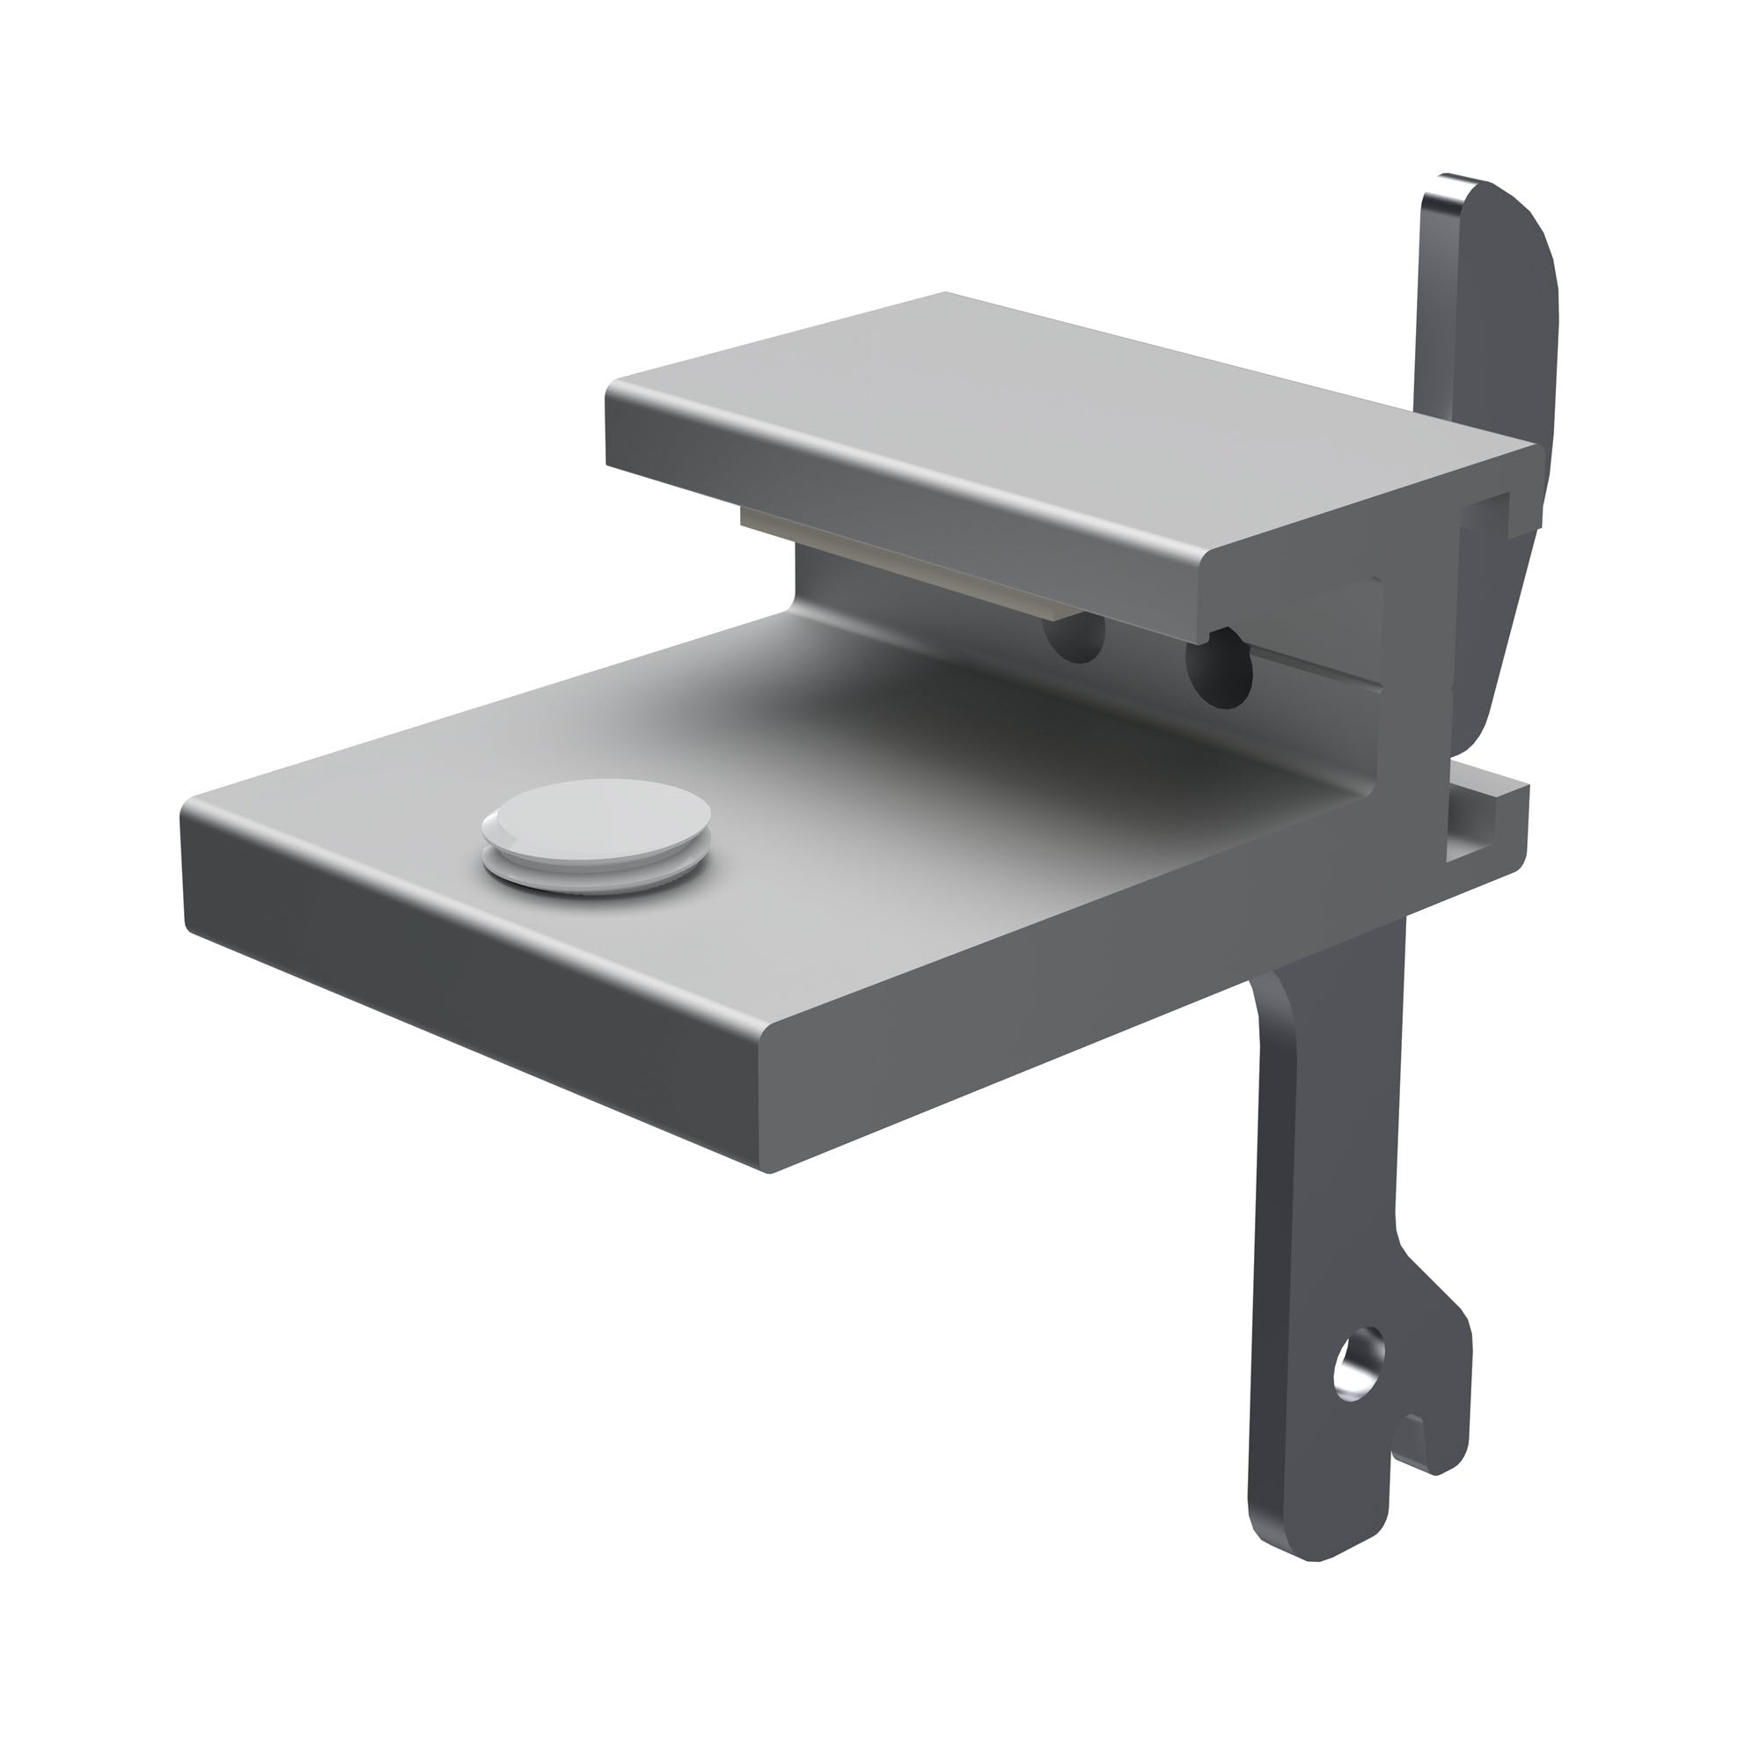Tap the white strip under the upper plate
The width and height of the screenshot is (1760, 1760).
tap(911, 565)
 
